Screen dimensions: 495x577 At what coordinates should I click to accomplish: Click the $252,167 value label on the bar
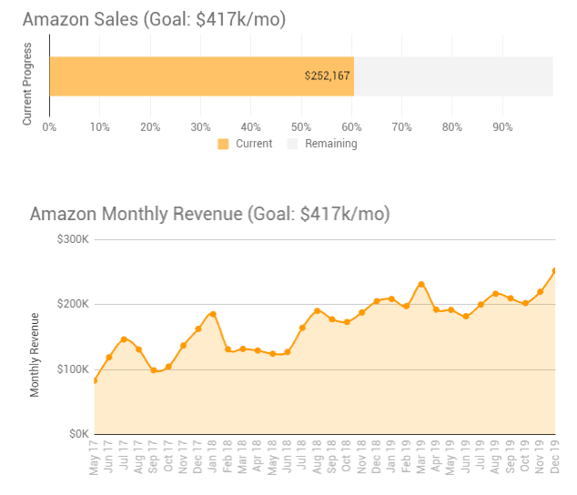(x=328, y=76)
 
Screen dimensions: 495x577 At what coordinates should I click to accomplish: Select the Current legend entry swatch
(x=224, y=144)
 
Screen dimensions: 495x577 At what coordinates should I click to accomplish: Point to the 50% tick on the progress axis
(x=301, y=126)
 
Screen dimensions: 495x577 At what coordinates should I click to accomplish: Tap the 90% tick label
(x=502, y=126)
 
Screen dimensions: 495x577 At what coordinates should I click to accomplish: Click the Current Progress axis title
(x=28, y=83)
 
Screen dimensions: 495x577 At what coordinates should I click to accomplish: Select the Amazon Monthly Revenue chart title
(x=209, y=215)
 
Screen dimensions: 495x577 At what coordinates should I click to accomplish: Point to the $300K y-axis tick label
(x=72, y=239)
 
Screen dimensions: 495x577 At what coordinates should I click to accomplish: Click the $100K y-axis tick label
(x=72, y=369)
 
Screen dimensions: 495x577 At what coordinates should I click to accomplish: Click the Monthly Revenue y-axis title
(x=35, y=355)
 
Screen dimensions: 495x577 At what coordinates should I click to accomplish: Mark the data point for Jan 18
(x=213, y=314)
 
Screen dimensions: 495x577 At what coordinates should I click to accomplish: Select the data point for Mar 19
(x=421, y=284)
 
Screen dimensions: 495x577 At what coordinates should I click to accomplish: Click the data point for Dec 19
(x=554, y=270)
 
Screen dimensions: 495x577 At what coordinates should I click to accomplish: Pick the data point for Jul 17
(x=124, y=339)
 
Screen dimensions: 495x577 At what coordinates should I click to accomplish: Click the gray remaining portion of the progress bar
(x=453, y=76)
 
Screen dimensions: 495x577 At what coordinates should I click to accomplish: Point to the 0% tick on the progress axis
(x=49, y=126)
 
